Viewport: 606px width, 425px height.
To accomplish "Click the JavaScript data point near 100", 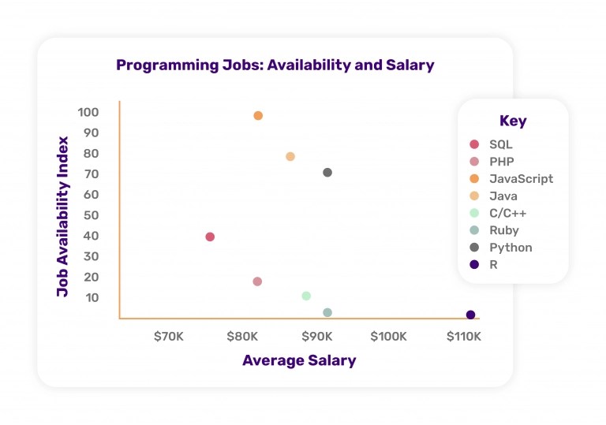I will [258, 116].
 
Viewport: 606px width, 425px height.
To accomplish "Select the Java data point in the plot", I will [290, 157].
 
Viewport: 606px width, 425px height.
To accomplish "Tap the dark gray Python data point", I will [327, 173].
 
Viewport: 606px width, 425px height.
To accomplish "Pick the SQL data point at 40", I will [210, 237].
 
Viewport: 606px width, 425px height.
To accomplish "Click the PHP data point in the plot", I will [257, 281].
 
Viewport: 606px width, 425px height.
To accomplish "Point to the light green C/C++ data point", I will [306, 296].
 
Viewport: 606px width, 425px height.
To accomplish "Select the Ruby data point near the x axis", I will [327, 313].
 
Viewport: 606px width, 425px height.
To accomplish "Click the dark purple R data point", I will [471, 315].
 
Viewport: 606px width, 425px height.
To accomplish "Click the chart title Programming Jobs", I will [275, 65].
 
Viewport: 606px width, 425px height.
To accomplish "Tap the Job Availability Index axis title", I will [63, 217].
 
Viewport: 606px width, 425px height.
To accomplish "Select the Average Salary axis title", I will [299, 361].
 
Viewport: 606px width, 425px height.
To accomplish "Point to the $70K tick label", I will [168, 337].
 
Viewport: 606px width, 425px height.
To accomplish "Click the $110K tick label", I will [464, 337].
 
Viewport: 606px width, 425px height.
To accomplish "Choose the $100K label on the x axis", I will [388, 337].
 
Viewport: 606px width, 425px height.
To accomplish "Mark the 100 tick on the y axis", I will [88, 113].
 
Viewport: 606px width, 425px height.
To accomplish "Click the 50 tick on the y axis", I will [91, 215].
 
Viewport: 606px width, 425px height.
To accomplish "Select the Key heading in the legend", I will [513, 121].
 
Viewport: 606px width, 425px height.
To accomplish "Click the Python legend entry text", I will [511, 248].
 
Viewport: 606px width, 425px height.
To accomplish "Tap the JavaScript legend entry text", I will [521, 179].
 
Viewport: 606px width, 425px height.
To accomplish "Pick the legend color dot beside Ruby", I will [474, 230].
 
